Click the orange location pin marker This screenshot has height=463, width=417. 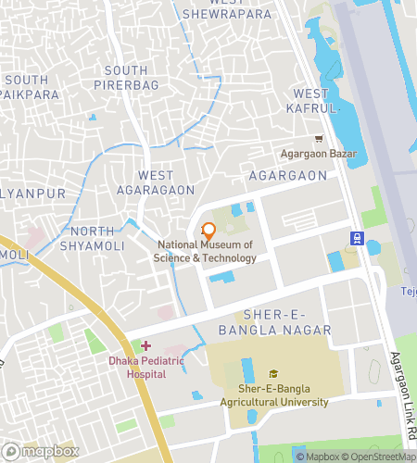click(208, 231)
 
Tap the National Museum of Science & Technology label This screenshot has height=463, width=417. click(205, 251)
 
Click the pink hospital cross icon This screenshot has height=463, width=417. click(145, 345)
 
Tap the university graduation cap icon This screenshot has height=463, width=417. click(272, 373)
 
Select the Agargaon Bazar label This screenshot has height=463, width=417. click(321, 154)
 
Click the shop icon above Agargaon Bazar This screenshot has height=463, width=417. click(319, 138)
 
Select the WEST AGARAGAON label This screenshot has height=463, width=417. click(155, 182)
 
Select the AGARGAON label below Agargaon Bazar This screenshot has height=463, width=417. click(288, 175)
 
